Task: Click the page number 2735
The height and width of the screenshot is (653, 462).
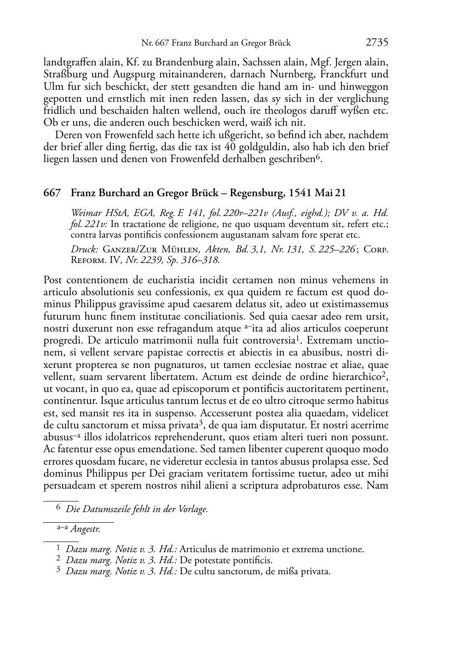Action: pyautogui.click(x=377, y=43)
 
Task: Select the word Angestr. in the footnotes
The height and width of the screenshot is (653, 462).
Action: pyautogui.click(x=86, y=529)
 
